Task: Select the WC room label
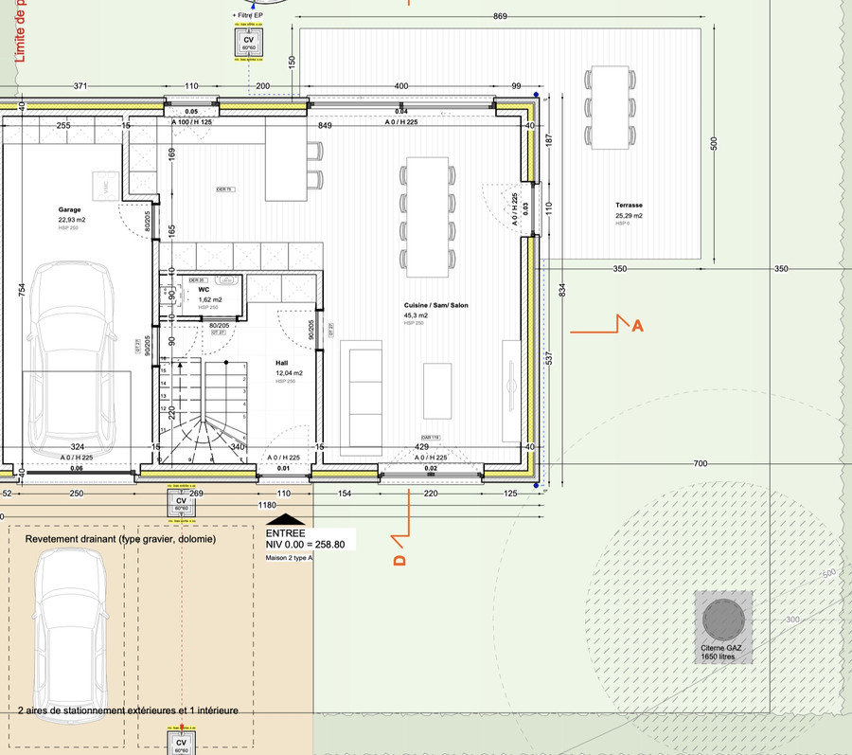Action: coord(204,291)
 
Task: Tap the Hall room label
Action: coord(281,363)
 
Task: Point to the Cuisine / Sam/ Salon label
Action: coord(435,306)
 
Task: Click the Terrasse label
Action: coord(629,206)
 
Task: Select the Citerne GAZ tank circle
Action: coord(724,619)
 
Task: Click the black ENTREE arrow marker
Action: coord(286,519)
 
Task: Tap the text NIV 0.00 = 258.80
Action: coord(305,545)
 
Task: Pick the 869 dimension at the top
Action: coord(500,17)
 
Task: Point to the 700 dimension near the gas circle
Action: coord(701,463)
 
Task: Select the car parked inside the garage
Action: coord(72,359)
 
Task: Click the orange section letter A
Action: coord(637,327)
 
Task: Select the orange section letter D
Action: coord(399,561)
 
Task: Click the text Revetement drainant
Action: coord(120,538)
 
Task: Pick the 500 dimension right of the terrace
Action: coord(715,143)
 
